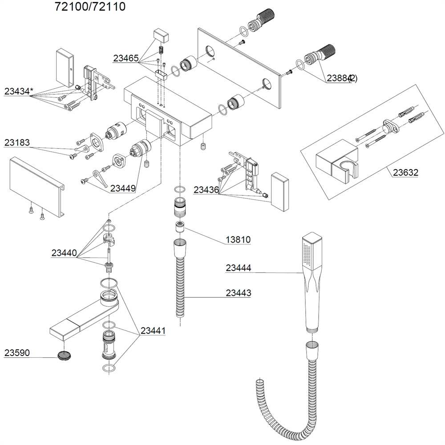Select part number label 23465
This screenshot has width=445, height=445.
pyautogui.click(x=125, y=58)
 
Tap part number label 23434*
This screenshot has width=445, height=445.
pyautogui.click(x=19, y=92)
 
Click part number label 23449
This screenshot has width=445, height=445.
pyautogui.click(x=123, y=188)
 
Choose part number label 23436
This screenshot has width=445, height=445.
pyautogui.click(x=206, y=190)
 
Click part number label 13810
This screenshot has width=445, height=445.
pyautogui.click(x=238, y=240)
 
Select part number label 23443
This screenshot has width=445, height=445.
pyautogui.click(x=238, y=293)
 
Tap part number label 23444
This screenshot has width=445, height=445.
pyautogui.click(x=238, y=268)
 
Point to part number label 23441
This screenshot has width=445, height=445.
pyautogui.click(x=153, y=331)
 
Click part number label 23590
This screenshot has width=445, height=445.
pyautogui.click(x=17, y=353)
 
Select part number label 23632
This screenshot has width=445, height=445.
pyautogui.click(x=405, y=173)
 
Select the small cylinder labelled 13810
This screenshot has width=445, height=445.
pyautogui.click(x=180, y=227)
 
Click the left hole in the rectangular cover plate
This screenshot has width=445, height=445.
pyautogui.click(x=209, y=50)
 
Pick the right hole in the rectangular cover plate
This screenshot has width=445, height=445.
pyautogui.click(x=267, y=83)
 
